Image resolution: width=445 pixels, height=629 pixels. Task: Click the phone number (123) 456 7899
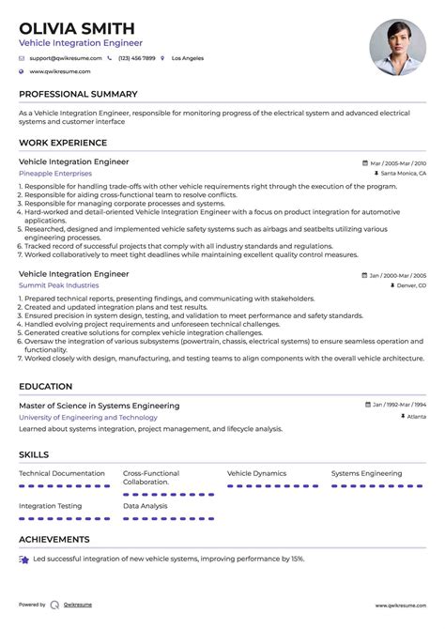(136, 58)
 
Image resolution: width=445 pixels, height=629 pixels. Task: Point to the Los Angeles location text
(187, 58)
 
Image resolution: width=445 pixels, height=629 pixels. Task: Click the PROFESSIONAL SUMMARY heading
(78, 94)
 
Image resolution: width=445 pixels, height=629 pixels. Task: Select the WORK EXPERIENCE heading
(63, 143)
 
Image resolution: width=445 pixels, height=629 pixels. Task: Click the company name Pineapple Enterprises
(55, 174)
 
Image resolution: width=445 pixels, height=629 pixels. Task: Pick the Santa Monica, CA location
(404, 174)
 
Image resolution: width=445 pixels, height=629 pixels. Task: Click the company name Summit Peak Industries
(58, 285)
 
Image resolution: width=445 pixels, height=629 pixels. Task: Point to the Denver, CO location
(408, 285)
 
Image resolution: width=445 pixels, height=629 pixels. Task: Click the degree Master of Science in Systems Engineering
(99, 406)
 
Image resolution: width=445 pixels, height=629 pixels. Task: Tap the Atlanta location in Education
(416, 417)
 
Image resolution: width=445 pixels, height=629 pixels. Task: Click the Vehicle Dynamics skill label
(256, 473)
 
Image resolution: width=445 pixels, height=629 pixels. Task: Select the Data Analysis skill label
(145, 506)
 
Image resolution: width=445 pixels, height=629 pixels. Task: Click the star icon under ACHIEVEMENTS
(23, 560)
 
